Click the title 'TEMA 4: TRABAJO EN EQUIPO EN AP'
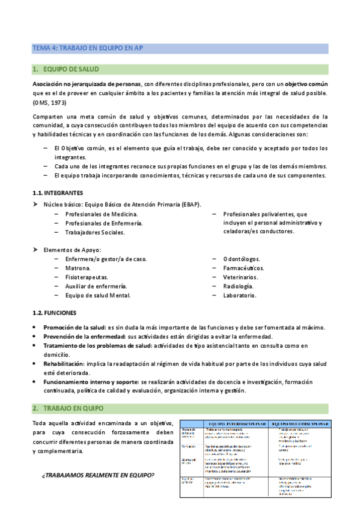(87, 48)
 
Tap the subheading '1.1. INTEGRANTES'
(58, 193)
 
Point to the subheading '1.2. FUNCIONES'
(54, 313)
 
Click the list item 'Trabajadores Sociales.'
(95, 232)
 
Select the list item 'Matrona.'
(78, 268)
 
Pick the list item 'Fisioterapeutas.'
(87, 277)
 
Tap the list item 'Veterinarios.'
(240, 277)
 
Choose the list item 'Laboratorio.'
(239, 295)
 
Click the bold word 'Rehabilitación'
(63, 364)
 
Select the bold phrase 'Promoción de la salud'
(73, 327)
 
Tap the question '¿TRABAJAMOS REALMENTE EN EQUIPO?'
(97, 459)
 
